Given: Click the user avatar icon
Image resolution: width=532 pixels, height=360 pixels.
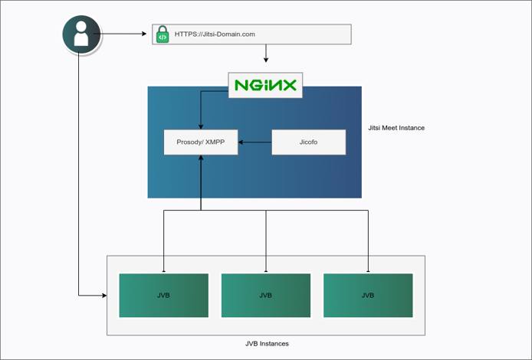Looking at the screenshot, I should (81, 34).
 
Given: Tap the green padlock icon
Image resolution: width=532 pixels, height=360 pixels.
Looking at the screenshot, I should (163, 34).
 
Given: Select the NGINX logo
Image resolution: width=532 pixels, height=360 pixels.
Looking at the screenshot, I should (265, 86).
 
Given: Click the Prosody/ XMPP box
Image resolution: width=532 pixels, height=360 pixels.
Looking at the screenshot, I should (201, 142).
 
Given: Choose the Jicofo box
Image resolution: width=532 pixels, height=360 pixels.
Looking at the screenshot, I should (308, 142).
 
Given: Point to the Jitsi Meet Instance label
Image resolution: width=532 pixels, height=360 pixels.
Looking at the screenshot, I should (396, 128).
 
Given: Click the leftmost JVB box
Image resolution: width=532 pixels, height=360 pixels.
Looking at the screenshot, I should (163, 295).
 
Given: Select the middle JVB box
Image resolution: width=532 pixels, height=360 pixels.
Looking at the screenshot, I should (265, 295).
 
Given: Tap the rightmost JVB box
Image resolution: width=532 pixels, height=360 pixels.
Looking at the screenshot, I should (368, 295).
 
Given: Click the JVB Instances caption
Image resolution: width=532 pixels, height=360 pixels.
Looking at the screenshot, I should (266, 344).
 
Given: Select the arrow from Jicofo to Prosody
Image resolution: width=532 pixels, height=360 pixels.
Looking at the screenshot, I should (255, 142).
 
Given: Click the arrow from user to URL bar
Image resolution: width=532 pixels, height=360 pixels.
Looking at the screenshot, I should (123, 34).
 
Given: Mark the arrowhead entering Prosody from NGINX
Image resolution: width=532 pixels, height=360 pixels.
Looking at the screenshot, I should (201, 126).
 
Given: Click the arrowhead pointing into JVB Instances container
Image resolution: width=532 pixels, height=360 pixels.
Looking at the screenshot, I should (103, 295).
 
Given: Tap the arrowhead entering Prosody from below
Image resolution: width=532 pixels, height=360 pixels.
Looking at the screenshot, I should (201, 158).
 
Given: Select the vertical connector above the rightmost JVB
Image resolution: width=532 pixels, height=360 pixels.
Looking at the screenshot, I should (368, 241).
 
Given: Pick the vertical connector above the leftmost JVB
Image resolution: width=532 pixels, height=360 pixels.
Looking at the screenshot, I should (163, 241).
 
